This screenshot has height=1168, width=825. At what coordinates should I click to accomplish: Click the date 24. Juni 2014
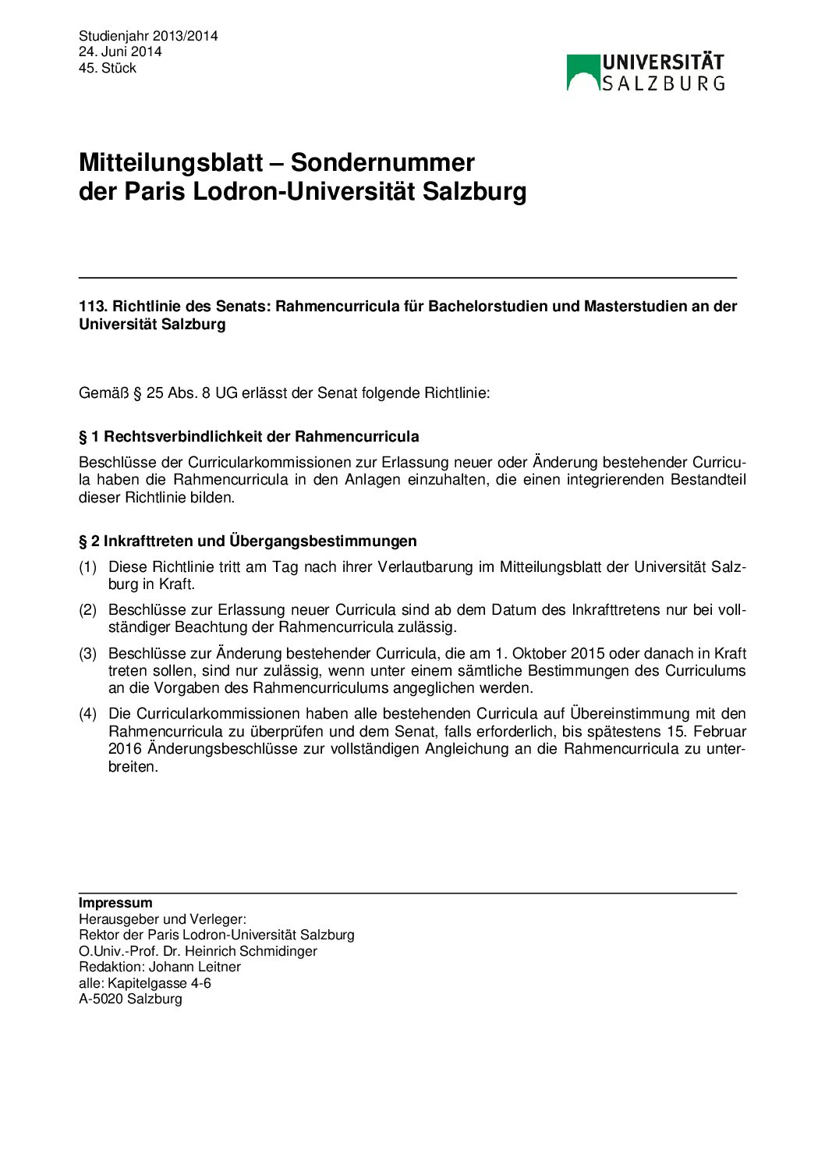click(120, 51)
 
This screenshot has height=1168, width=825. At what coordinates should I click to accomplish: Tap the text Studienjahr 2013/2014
click(148, 36)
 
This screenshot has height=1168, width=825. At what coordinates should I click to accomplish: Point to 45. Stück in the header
click(108, 68)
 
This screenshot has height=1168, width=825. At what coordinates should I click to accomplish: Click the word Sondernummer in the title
click(382, 162)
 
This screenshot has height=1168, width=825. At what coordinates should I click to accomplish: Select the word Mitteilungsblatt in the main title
click(171, 162)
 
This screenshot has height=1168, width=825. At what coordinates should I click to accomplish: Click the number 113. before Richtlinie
click(93, 306)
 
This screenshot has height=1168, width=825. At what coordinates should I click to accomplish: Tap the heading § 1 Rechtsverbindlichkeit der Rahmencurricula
click(249, 436)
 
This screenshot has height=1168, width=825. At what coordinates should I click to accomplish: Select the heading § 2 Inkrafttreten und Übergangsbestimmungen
click(247, 541)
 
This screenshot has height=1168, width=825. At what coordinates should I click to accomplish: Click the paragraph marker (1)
click(87, 567)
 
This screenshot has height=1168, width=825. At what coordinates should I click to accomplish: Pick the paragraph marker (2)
click(87, 610)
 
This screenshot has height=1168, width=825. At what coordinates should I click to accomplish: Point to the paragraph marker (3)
click(87, 654)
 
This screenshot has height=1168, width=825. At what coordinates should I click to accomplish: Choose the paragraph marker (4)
click(87, 714)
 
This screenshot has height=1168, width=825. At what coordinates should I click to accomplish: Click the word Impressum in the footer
click(115, 903)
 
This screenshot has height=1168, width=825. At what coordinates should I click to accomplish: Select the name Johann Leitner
click(195, 967)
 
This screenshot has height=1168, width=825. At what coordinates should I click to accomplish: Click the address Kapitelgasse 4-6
click(159, 983)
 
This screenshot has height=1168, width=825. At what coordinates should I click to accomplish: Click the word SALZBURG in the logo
click(663, 83)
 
